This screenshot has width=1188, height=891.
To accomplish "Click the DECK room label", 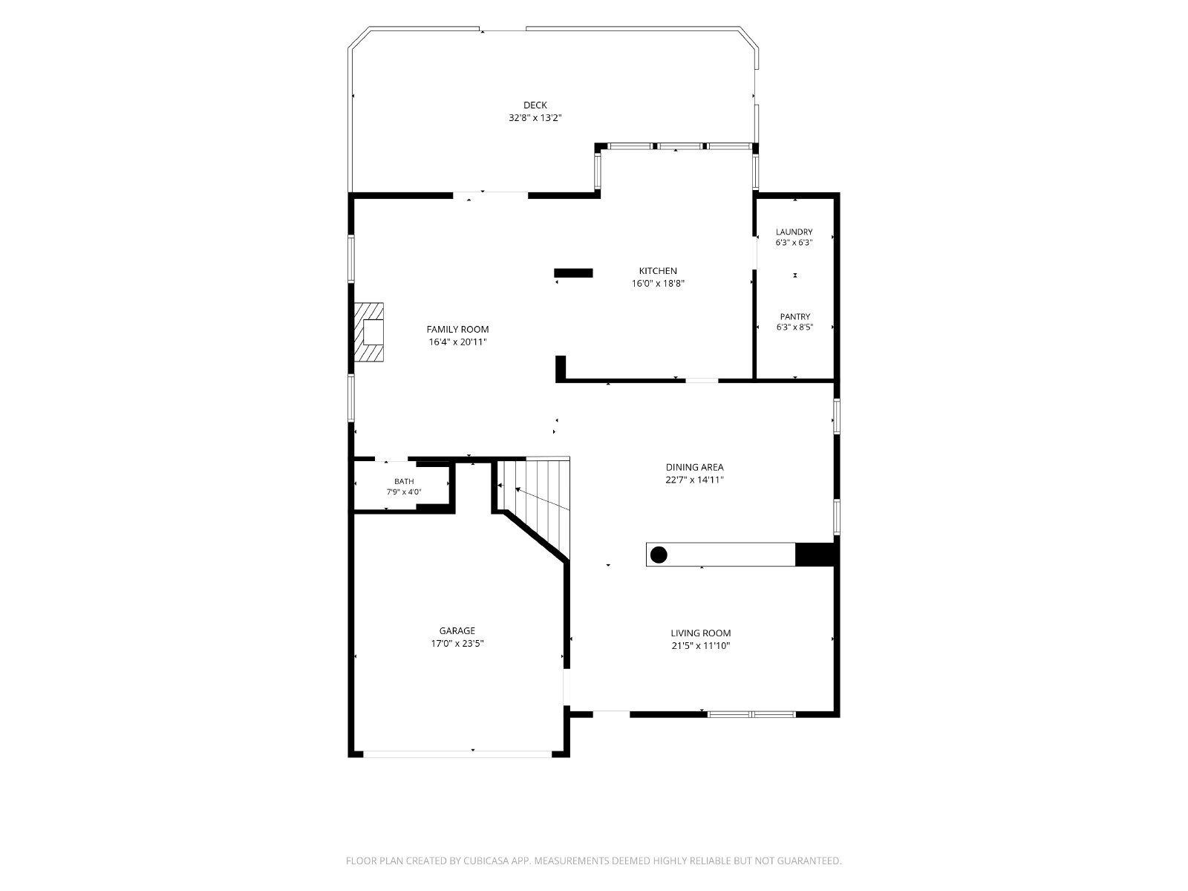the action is click(535, 105).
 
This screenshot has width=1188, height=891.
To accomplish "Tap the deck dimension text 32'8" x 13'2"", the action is click(535, 118).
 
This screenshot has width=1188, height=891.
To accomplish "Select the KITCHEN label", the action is click(658, 271).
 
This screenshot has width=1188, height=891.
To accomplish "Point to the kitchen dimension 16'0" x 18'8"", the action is click(658, 284).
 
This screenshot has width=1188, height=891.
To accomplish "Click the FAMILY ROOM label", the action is click(457, 330).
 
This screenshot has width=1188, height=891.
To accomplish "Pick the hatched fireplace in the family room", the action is click(369, 332).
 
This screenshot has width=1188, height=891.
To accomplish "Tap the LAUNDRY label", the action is click(794, 232).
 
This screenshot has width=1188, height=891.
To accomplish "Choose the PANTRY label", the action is click(795, 316).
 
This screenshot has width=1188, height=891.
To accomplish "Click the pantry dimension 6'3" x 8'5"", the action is click(794, 327).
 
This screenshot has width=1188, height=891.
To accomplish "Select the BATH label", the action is click(404, 481).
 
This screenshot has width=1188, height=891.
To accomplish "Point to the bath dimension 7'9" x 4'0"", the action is click(404, 492).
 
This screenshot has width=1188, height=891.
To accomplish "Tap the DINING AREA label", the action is click(694, 468).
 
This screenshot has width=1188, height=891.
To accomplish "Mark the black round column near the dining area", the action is click(658, 555).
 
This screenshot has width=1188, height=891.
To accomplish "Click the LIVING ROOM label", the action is click(700, 633).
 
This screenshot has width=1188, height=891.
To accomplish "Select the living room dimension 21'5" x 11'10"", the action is click(700, 646).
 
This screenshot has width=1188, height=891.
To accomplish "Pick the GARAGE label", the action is click(457, 631).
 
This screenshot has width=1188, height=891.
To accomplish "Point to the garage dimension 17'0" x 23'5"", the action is click(457, 644).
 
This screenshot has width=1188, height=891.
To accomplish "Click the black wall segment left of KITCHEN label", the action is click(573, 273).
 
